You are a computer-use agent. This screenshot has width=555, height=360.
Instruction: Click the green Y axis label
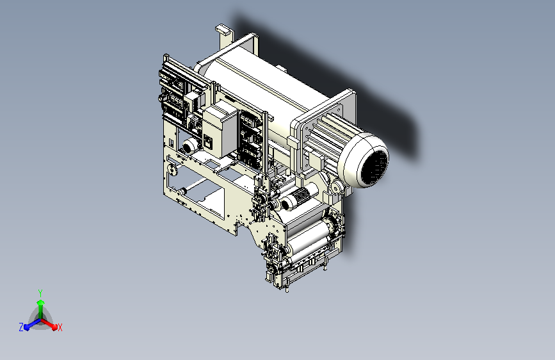tap(40, 293)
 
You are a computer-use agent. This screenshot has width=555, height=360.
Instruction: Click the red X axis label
tap(60, 327)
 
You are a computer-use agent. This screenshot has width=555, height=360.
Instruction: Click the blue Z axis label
tap(21, 327)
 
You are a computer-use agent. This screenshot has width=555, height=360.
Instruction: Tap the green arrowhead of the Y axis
tap(41, 303)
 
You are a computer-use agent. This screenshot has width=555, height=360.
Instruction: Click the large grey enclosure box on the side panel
tap(220, 129)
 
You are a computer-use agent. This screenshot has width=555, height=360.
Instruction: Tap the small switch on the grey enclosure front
tap(209, 141)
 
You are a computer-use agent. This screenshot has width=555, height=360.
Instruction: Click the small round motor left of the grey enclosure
tap(191, 145)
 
